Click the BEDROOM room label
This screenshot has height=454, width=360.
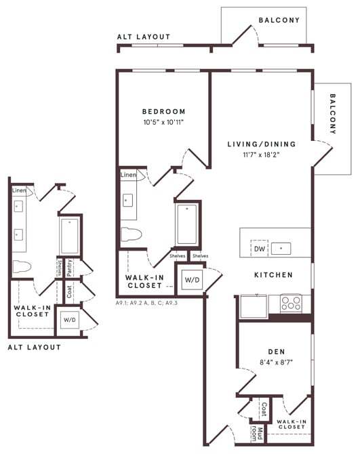[163, 112]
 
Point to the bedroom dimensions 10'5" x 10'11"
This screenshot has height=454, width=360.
[163, 123]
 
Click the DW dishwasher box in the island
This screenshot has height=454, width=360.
[259, 249]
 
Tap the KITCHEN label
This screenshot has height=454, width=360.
[273, 275]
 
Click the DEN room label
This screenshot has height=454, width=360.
[275, 351]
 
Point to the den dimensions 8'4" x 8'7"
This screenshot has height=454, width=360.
[275, 362]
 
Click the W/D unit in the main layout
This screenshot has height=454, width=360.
[192, 280]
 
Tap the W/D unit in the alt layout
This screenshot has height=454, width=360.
[69, 319]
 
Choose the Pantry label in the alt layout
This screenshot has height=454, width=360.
[70, 267]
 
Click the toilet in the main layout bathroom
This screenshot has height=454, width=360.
[131, 235]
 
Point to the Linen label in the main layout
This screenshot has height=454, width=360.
[128, 176]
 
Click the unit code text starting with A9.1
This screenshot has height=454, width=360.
[146, 304]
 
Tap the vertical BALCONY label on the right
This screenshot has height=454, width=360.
[333, 114]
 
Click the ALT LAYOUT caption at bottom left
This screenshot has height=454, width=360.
[34, 347]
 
